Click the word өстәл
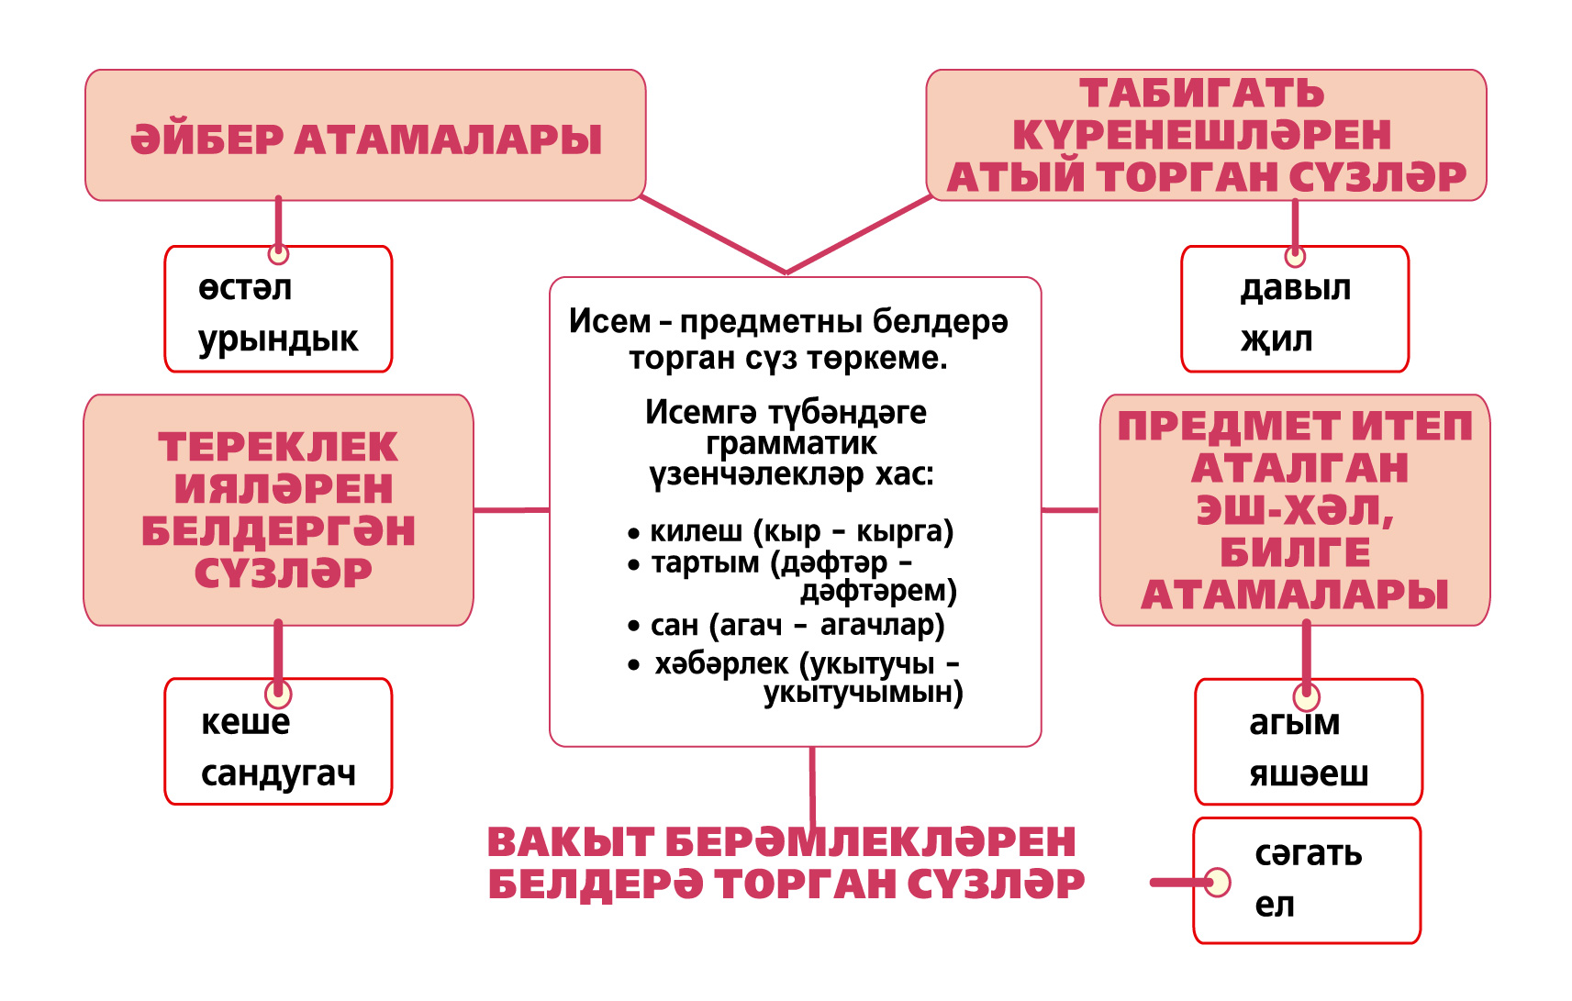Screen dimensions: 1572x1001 (x=245, y=287)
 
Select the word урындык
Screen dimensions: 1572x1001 (x=278, y=340)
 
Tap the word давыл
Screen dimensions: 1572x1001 (x=1296, y=287)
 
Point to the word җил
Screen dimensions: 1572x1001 (x=1277, y=340)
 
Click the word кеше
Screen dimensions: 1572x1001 (x=246, y=722)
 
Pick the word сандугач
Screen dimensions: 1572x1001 (x=279, y=773)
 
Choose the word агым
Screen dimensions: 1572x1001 (x=1295, y=722)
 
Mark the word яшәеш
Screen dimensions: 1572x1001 (x=1309, y=773)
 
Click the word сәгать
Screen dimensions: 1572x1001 (x=1309, y=853)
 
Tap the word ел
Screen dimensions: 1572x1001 (x=1275, y=905)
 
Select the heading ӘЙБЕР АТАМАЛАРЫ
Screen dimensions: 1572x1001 (x=365, y=139)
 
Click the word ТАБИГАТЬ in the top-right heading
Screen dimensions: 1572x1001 (x=1202, y=94)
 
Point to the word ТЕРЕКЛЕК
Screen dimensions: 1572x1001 (x=279, y=447)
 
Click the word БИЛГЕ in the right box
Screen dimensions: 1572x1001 (x=1296, y=552)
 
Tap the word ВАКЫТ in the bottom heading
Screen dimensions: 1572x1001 (x=571, y=841)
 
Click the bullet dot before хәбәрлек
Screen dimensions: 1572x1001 (x=634, y=664)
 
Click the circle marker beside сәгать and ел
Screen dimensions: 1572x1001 (x=1218, y=883)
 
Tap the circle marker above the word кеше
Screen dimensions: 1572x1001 (x=278, y=695)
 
